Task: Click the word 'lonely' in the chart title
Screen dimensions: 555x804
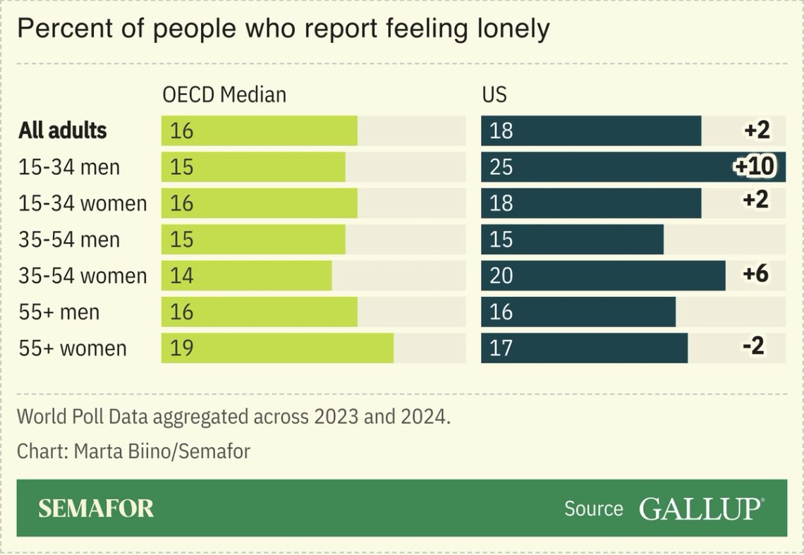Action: click(507, 30)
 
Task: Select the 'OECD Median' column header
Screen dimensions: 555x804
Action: click(224, 94)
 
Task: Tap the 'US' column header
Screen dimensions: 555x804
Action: click(494, 94)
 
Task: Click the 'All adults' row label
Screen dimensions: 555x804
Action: click(63, 130)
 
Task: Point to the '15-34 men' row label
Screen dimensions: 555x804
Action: click(69, 167)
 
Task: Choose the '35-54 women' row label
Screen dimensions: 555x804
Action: click(83, 276)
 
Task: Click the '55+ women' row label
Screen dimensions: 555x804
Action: click(73, 348)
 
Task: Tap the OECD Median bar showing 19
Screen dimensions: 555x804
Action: click(277, 348)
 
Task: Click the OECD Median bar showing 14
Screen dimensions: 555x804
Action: click(246, 276)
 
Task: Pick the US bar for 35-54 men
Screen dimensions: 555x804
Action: click(572, 240)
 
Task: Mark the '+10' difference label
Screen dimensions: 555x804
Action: click(754, 166)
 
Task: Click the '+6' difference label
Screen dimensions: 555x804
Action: click(755, 274)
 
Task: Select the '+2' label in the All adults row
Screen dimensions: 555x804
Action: click(756, 130)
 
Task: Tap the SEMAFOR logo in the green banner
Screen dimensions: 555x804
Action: click(96, 508)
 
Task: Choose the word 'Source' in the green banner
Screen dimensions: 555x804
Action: click(593, 508)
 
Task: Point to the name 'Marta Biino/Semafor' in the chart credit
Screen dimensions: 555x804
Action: click(161, 451)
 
